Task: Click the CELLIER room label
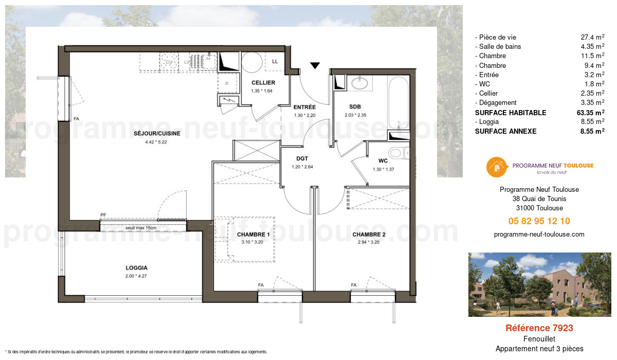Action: tap(263, 83)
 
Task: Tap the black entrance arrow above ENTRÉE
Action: tap(315, 65)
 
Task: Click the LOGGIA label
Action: tap(136, 267)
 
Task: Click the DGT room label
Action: tap(302, 159)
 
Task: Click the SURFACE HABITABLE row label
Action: tap(511, 113)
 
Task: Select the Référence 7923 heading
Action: tap(539, 328)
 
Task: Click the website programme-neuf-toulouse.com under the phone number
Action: tap(539, 234)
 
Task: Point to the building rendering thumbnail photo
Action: tap(539, 284)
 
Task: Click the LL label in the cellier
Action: tap(275, 62)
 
